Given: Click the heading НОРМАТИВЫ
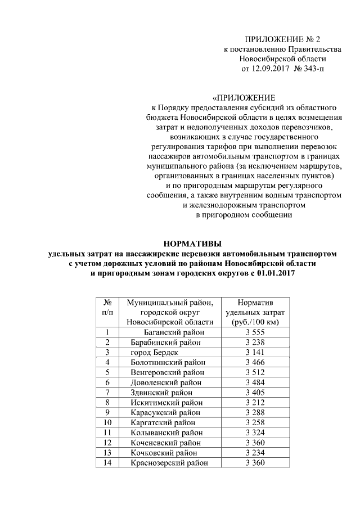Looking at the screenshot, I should (193, 243).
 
